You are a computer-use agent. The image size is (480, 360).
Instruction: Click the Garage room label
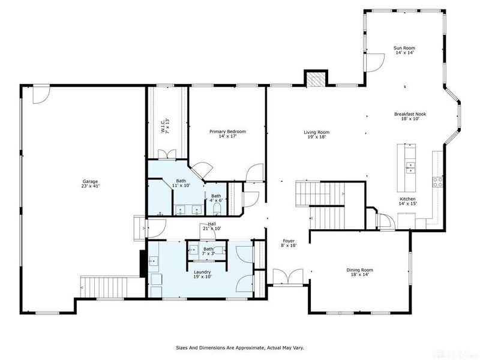(91, 184)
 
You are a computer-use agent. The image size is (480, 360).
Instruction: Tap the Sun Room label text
(404, 50)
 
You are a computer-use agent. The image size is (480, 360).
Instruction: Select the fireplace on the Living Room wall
(316, 79)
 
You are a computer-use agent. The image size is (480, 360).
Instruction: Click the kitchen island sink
(410, 167)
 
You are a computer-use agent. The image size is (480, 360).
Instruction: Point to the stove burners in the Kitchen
(437, 181)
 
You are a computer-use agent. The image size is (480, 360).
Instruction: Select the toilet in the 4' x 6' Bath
(217, 208)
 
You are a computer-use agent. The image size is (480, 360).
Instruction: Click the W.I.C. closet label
(164, 125)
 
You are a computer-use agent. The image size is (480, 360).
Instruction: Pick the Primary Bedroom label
(227, 134)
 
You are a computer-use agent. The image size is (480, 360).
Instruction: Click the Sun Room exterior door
(376, 61)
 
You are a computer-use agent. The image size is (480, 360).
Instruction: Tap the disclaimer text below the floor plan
(239, 347)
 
